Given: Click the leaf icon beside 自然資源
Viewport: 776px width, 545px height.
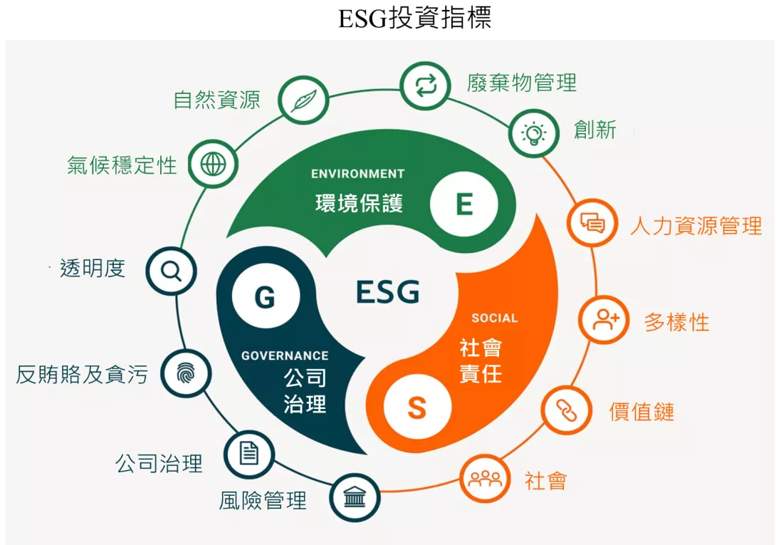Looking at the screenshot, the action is (303, 100).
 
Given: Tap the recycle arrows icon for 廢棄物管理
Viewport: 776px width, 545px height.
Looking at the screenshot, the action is (426, 85).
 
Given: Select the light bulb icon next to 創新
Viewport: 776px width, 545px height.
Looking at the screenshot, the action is (533, 133).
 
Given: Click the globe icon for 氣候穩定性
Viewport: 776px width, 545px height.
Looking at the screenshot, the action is (213, 164).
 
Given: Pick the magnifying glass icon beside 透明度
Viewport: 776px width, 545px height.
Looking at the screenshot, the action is (172, 271).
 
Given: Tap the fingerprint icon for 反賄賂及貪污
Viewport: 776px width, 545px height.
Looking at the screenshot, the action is (186, 373).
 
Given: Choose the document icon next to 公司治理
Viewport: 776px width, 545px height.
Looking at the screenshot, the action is (249, 453).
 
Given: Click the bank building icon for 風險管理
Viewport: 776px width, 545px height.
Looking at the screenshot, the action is (355, 497).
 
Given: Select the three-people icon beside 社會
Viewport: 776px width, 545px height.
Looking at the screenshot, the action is (485, 478).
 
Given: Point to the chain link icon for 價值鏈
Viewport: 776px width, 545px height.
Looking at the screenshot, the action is (567, 410).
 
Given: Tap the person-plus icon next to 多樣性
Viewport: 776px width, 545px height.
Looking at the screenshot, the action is (604, 320).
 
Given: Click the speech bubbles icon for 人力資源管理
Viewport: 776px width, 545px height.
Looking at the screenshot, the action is (592, 222).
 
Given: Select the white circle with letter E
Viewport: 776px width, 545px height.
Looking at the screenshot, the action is (463, 204).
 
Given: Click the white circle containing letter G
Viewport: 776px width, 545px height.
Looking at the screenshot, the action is (266, 296).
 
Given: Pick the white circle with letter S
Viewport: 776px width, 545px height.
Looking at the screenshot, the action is (417, 408).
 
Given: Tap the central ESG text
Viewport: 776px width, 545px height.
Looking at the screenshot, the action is (387, 291).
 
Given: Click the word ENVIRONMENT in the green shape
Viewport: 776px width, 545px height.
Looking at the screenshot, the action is (358, 174).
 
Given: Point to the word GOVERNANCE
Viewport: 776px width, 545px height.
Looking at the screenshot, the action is (285, 355).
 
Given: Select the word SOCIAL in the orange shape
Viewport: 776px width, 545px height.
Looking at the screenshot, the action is (494, 318).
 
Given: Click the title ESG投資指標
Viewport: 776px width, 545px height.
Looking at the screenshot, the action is (415, 19).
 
